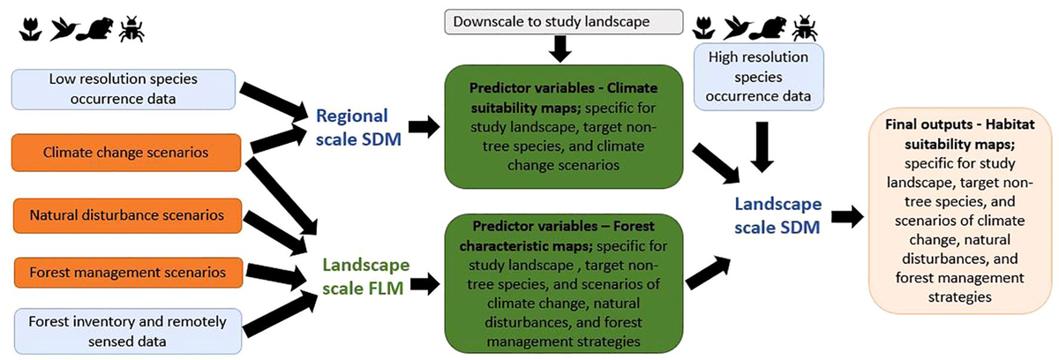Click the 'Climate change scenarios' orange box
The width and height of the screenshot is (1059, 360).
click(125, 154)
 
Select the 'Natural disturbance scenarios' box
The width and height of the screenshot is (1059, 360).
click(125, 214)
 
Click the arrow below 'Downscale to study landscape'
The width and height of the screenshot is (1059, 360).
click(559, 49)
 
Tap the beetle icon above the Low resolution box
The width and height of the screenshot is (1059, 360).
click(132, 30)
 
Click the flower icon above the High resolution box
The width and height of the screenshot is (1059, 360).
click(704, 28)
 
